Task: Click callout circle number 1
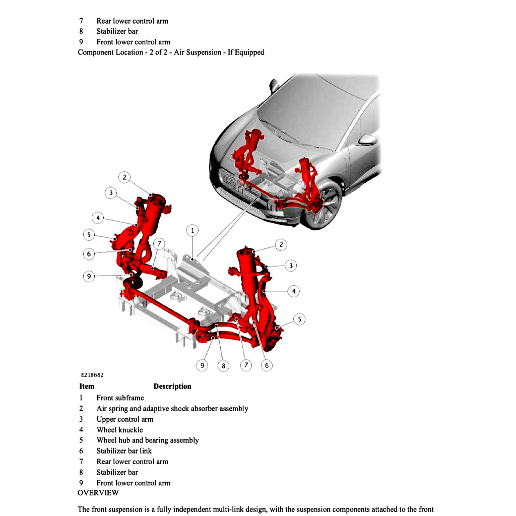(192, 231)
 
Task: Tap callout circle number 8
(223, 366)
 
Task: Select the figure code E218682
(92, 375)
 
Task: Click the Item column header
(87, 386)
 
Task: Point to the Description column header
(172, 386)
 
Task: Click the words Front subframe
(120, 398)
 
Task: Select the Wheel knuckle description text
(119, 430)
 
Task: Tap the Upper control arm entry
(125, 419)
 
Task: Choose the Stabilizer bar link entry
(124, 451)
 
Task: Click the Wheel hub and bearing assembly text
(148, 440)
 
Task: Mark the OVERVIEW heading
(98, 493)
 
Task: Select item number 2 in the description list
(81, 409)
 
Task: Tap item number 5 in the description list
(81, 440)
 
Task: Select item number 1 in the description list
(81, 398)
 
